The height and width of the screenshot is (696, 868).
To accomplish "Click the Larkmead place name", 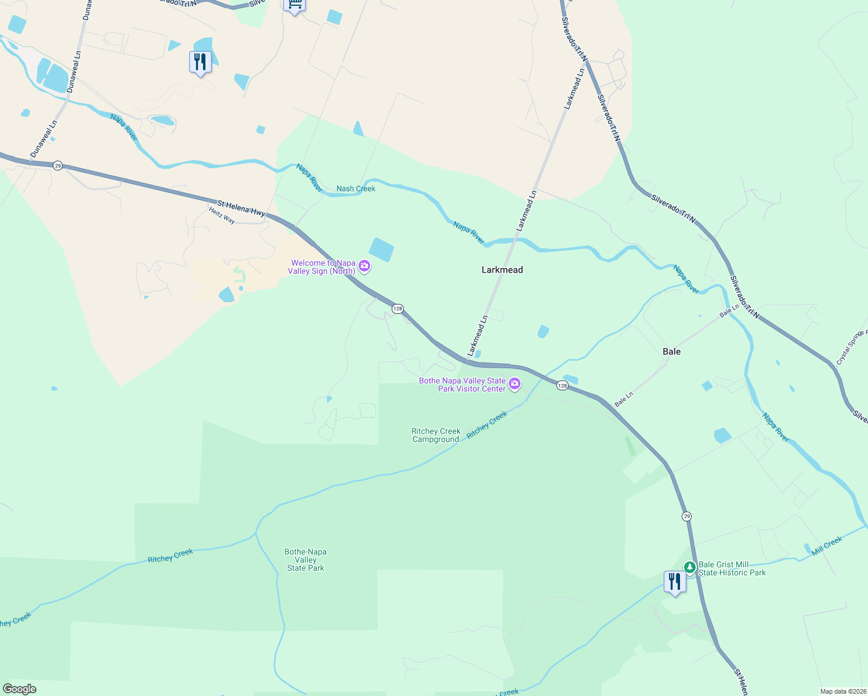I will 502,270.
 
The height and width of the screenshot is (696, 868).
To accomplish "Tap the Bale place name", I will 671,351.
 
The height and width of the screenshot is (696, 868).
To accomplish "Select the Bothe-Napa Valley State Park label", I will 305,560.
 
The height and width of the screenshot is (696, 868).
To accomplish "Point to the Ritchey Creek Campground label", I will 436,435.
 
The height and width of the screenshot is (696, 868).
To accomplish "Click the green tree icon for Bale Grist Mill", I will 690,567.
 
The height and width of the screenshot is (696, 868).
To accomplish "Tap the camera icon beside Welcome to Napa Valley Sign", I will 364,267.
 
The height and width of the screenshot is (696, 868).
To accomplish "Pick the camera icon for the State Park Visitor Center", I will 515,384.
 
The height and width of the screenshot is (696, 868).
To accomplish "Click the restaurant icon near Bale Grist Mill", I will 675,581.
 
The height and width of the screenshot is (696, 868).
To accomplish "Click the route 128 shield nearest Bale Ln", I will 562,386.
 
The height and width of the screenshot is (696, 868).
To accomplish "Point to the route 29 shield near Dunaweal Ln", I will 57,166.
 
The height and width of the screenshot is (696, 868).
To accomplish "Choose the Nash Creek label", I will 356,188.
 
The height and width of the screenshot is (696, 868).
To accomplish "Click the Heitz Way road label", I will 222,216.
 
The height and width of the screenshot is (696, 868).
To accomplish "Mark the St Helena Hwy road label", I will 241,208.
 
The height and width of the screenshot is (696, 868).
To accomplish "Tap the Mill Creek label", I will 827,546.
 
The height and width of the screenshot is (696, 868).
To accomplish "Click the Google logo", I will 20,689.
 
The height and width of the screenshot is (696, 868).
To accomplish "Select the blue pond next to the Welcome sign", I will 381,249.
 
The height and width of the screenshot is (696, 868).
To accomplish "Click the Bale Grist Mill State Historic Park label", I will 732,568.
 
